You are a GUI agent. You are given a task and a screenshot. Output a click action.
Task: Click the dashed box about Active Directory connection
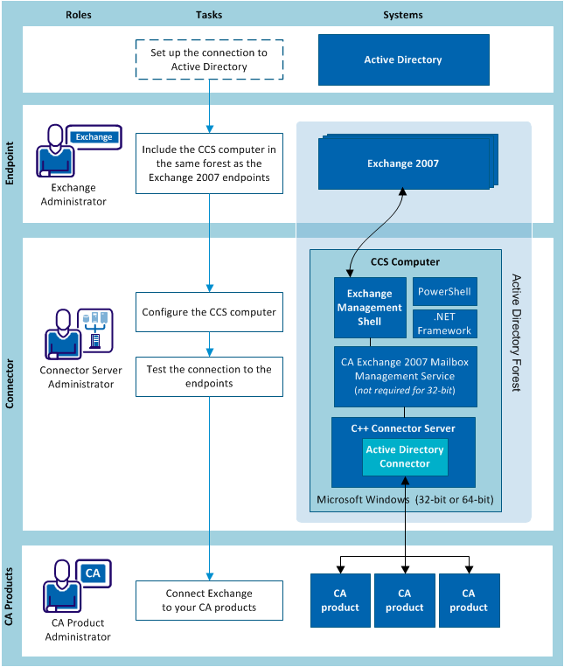point(209,59)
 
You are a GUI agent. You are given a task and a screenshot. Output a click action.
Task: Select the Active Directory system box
point(403,59)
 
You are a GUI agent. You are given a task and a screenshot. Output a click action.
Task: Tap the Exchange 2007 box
point(402,163)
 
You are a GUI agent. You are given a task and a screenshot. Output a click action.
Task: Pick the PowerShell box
point(445,291)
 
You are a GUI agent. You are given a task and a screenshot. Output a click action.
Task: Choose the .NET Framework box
point(445,324)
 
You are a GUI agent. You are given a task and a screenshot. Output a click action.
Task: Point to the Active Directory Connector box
point(405,457)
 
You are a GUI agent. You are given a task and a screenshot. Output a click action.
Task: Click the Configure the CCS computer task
point(209,312)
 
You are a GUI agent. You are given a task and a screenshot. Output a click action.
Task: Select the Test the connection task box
point(209,376)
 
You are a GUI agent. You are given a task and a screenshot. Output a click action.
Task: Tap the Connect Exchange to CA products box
point(209,601)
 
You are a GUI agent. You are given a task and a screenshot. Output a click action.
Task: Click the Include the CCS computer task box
point(209,163)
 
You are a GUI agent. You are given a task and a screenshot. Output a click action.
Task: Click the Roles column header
point(79,15)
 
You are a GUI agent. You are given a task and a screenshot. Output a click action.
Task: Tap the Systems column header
point(403,15)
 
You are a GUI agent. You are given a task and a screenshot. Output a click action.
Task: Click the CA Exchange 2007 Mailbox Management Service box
point(405,377)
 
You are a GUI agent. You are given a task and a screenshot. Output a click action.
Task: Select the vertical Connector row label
point(10,384)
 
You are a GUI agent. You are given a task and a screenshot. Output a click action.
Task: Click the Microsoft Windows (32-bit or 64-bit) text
point(405,499)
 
